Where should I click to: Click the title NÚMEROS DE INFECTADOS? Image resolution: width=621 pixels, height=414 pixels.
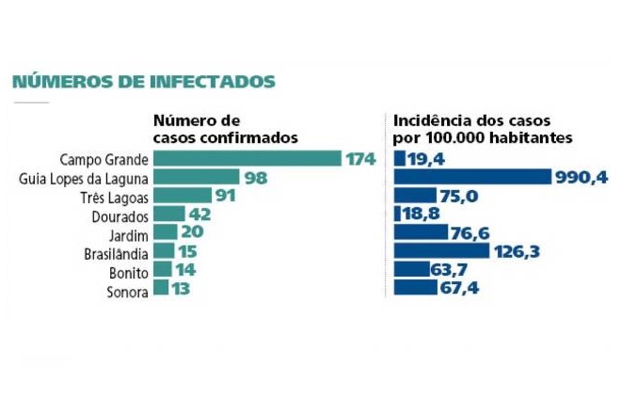[x=143, y=82]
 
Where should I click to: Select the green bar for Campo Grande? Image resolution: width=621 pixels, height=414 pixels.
[x=247, y=159]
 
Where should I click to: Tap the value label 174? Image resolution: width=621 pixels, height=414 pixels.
[x=359, y=159]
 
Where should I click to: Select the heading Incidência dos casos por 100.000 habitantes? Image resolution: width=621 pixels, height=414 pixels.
[x=486, y=129]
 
